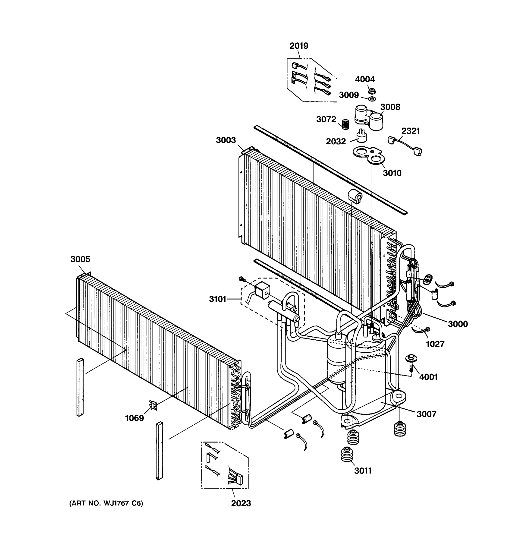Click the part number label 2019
click(298, 46)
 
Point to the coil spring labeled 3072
click(346, 124)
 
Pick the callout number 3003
click(226, 140)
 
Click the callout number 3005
click(80, 259)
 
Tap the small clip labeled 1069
click(153, 405)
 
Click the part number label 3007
click(426, 414)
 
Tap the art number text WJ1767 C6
click(106, 503)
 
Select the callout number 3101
click(217, 299)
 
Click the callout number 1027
click(435, 344)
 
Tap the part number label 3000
click(458, 324)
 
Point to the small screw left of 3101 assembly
click(242, 279)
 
